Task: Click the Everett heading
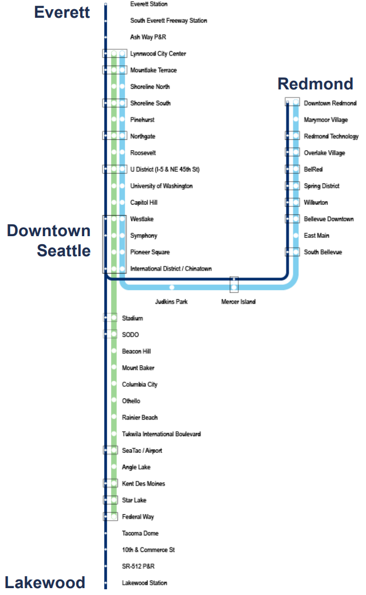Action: coord(62,12)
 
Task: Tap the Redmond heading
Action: coord(315,84)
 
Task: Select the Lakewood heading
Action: coord(45,582)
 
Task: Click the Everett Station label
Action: coord(149,4)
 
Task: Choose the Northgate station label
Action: coord(143,136)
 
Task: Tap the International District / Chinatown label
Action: coord(171,269)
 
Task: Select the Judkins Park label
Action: coord(171,302)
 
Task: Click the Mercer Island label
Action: coord(238,302)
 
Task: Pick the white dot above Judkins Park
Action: coord(172,287)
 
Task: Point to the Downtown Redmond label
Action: coord(330,103)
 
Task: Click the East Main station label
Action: coord(316,236)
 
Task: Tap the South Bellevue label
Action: coord(323,252)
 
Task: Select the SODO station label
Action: coord(131,335)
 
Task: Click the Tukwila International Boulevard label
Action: coord(161,434)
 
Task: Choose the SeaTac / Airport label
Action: coord(142,451)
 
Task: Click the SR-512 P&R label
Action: coord(138,566)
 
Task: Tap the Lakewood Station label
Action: coord(144,583)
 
